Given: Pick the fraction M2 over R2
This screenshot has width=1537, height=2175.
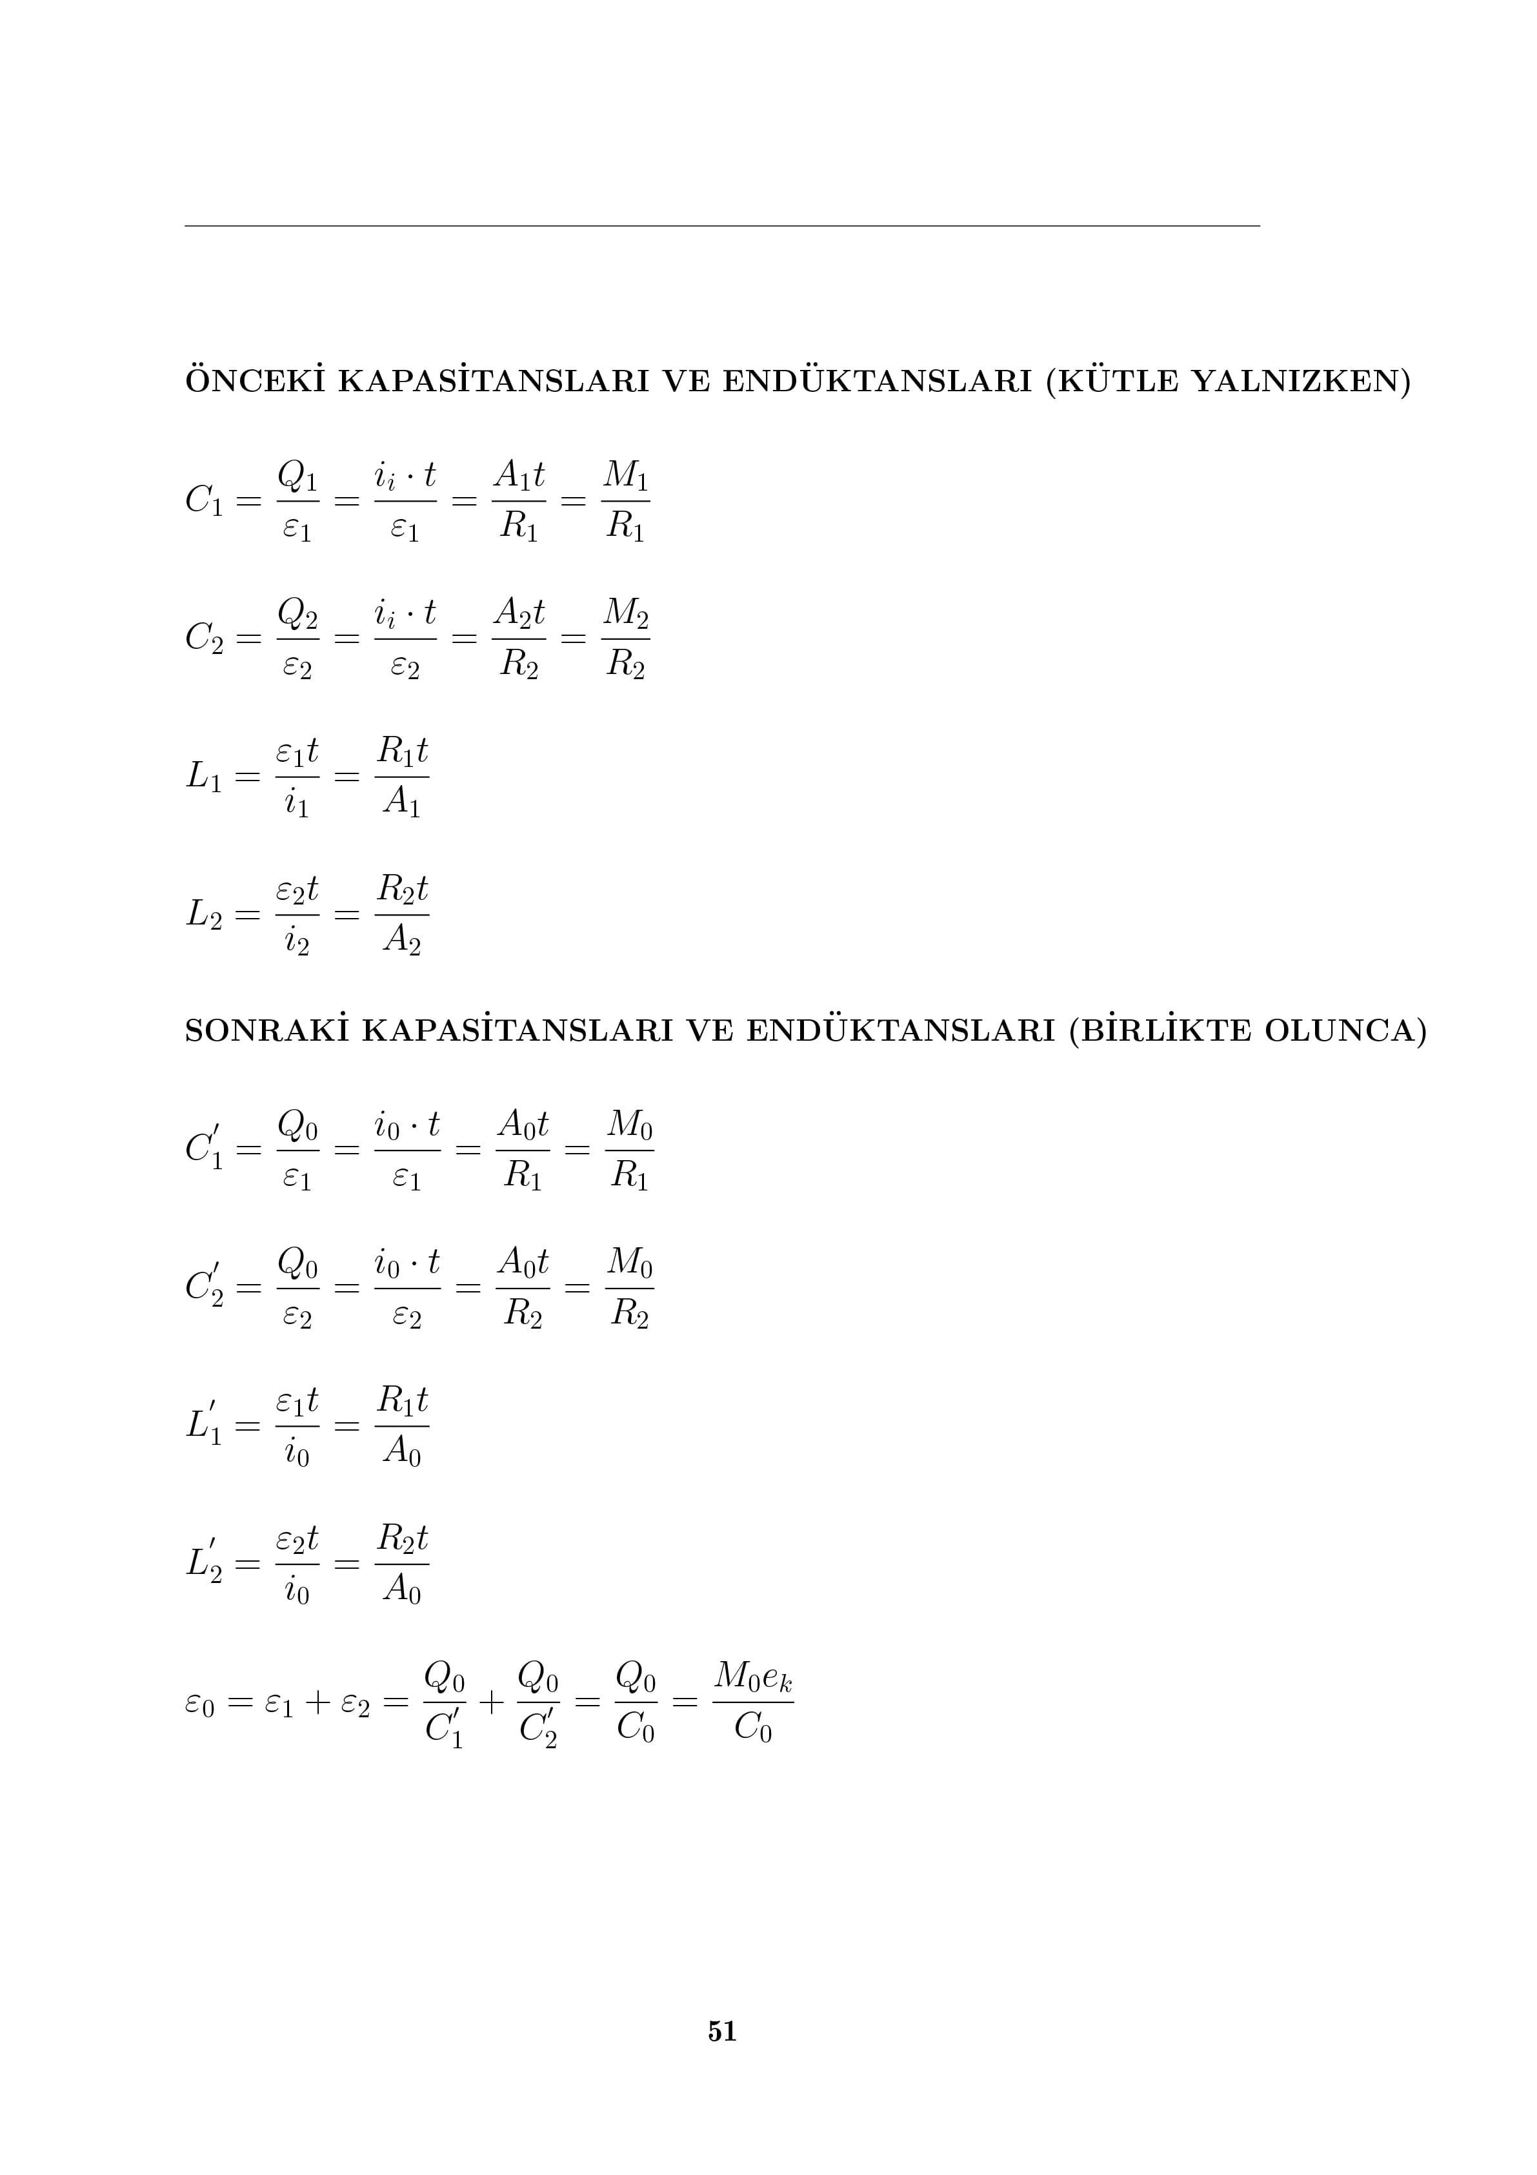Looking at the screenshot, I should click(x=625, y=638).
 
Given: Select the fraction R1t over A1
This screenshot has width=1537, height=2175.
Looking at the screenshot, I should click(x=403, y=778).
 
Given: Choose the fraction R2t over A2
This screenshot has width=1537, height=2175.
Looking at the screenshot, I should click(x=403, y=915).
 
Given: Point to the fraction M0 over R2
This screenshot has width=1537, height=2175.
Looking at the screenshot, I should click(x=630, y=1289).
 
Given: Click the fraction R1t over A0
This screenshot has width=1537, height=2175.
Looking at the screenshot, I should click(x=403, y=1427).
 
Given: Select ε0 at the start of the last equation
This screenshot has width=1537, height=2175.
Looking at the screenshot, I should click(x=200, y=1705).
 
